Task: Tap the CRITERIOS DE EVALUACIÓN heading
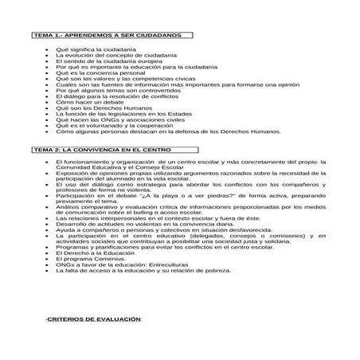[x=93, y=319]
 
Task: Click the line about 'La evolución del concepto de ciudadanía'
[x=111, y=56]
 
